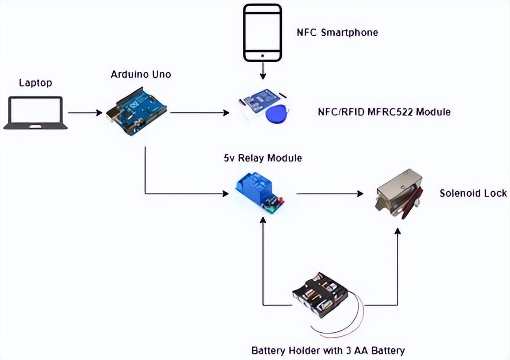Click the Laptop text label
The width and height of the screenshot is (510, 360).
point(35,83)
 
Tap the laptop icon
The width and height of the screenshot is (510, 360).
point(35,113)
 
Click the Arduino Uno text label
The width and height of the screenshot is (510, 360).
point(140,74)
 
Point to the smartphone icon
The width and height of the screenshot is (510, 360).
point(263,33)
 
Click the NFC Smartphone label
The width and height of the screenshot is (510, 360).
point(337,32)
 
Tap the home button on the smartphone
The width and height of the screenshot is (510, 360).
point(263,55)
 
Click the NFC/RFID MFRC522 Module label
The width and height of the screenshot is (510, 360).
point(384,112)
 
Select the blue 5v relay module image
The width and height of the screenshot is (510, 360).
point(260,194)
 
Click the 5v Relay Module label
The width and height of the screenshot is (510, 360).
point(262,158)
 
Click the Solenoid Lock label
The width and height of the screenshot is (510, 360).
point(473,193)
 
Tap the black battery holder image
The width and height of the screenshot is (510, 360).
point(321,296)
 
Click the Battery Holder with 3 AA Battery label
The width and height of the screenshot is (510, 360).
point(328,350)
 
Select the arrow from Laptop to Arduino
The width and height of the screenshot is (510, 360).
point(85,113)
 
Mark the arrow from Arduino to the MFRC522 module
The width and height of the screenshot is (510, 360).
point(200,113)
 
